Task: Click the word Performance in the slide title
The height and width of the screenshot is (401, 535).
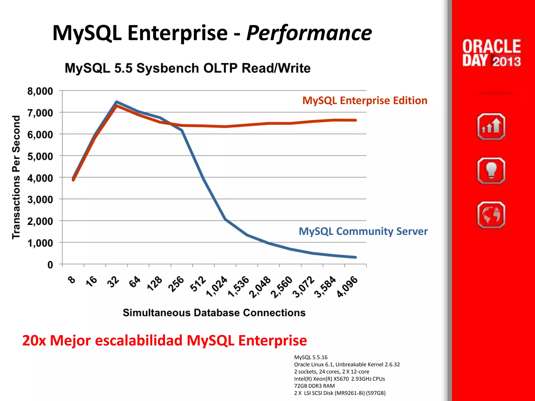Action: (x=309, y=33)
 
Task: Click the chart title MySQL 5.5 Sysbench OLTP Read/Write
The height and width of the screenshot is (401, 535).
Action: (x=188, y=68)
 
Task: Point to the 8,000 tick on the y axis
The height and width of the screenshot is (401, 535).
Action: (x=40, y=91)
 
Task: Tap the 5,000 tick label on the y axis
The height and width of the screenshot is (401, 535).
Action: (x=40, y=156)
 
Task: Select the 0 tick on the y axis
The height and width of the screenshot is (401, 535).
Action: (x=50, y=265)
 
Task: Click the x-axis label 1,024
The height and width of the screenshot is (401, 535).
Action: (x=217, y=286)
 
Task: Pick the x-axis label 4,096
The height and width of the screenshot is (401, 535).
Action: (x=347, y=286)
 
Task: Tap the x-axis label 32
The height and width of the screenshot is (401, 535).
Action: (x=113, y=282)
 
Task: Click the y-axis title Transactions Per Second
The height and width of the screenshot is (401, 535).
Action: (x=16, y=177)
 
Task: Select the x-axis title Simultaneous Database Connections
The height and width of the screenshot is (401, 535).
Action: (x=214, y=313)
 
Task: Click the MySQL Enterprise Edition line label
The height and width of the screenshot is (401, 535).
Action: (x=365, y=101)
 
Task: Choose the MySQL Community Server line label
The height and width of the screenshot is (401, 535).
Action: (x=363, y=231)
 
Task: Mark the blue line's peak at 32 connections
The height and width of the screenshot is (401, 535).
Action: (x=117, y=102)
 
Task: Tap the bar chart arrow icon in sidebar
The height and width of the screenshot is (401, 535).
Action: (x=491, y=127)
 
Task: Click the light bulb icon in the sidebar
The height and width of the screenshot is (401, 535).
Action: (x=491, y=171)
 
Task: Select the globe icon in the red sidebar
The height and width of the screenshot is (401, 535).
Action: (x=491, y=215)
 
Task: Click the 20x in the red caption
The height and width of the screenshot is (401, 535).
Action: (x=34, y=340)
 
